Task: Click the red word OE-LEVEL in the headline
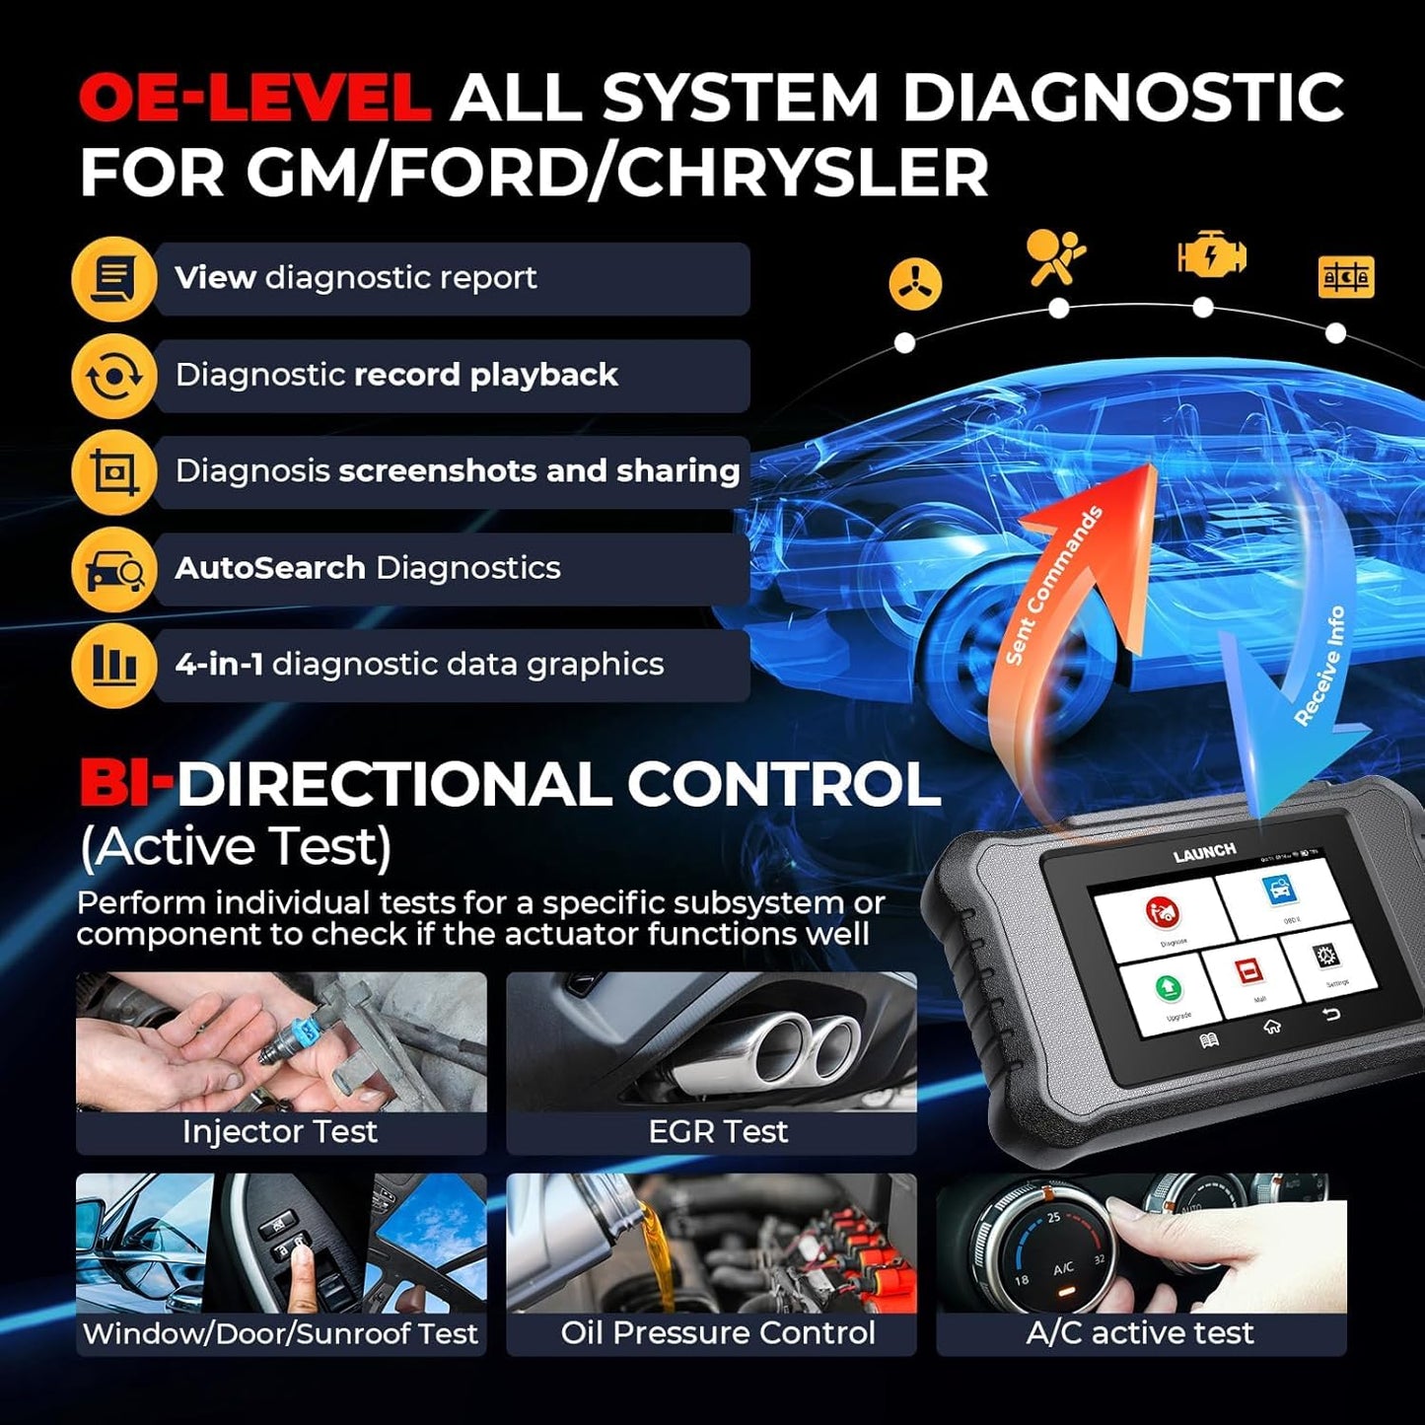(x=254, y=99)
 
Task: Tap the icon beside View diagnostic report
(x=114, y=279)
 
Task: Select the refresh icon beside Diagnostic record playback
(x=114, y=376)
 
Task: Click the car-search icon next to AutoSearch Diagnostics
(x=114, y=569)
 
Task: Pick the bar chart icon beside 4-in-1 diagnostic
(x=114, y=665)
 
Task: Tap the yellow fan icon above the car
(x=915, y=284)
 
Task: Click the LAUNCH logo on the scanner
(x=1204, y=853)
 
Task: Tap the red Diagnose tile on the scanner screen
(x=1164, y=918)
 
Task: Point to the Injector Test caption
(x=280, y=1132)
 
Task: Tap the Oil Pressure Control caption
(x=718, y=1333)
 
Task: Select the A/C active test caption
(x=1140, y=1333)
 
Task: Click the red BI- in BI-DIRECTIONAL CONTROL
(x=125, y=784)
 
